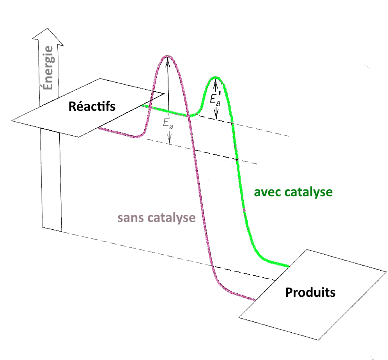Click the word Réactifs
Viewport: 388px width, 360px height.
coord(92,106)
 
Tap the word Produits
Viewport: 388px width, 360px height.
coord(310,292)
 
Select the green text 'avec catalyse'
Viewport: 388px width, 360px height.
coord(293,192)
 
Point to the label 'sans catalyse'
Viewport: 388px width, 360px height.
coord(156,218)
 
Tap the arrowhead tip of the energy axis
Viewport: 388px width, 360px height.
coord(47,28)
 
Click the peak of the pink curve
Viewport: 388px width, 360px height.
coord(168,56)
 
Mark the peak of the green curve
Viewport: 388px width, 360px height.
coord(215,78)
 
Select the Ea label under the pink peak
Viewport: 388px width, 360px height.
coord(168,123)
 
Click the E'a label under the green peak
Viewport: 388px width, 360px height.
coord(215,99)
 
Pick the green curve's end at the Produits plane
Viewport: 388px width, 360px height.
coord(288,266)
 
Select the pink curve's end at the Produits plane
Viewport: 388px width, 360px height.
coord(254,300)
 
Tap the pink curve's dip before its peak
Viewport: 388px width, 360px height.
coord(135,137)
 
